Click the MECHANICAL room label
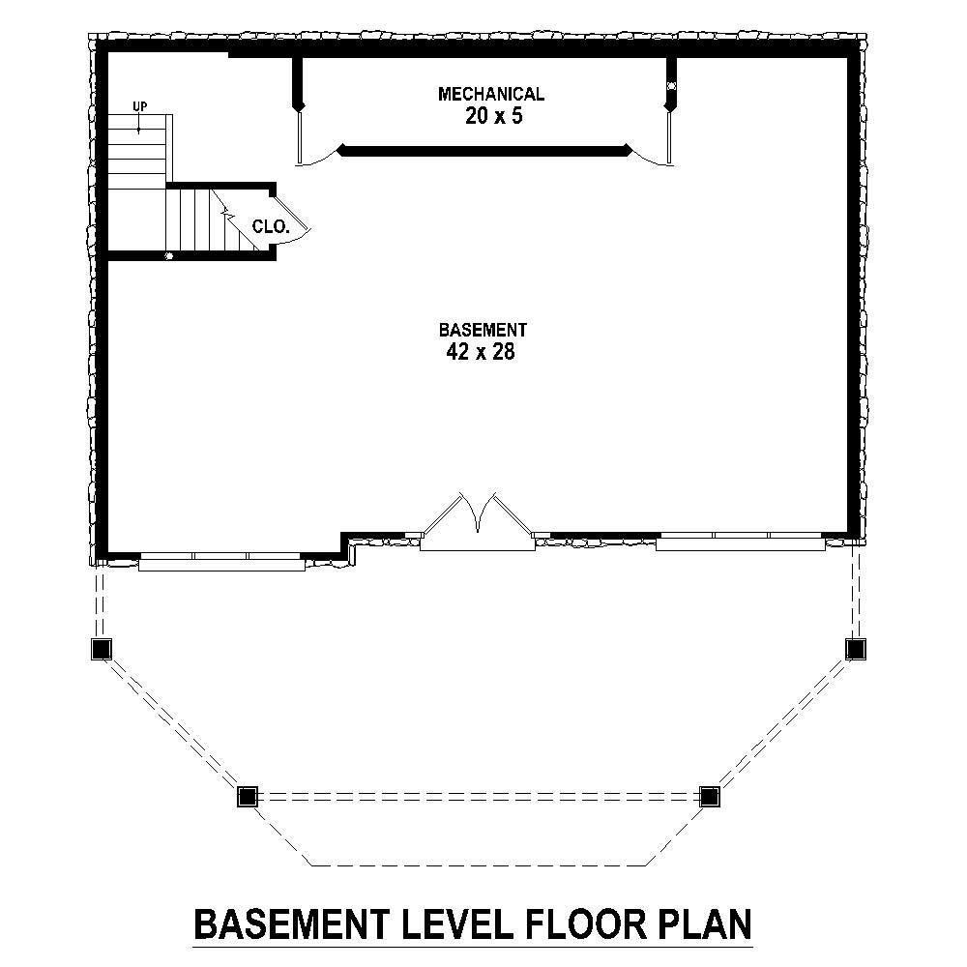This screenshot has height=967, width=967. pyautogui.click(x=490, y=94)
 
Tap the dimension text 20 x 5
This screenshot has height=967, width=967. pyautogui.click(x=490, y=117)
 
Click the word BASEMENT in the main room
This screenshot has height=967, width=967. pyautogui.click(x=482, y=329)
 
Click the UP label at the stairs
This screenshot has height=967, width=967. pyautogui.click(x=140, y=106)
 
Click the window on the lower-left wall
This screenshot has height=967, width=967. pyautogui.click(x=221, y=560)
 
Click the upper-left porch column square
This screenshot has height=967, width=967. pyautogui.click(x=102, y=648)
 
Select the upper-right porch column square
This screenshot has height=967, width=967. pyautogui.click(x=855, y=648)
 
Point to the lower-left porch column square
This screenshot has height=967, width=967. pyautogui.click(x=248, y=796)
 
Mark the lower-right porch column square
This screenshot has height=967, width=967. pyautogui.click(x=710, y=796)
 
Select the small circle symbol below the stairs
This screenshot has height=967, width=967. pyautogui.click(x=168, y=256)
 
